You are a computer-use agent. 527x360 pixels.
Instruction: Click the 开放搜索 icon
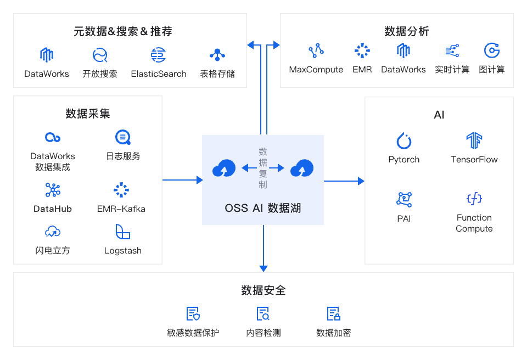(100, 55)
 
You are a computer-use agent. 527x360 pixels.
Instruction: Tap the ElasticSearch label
(159, 74)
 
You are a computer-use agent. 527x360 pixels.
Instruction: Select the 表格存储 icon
(217, 55)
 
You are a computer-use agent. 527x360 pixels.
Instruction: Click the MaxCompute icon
(316, 51)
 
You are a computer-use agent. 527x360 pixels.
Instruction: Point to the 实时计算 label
(452, 70)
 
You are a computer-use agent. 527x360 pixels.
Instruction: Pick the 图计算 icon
(492, 51)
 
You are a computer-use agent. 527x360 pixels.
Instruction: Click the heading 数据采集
(88, 114)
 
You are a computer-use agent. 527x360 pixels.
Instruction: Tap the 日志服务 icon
(123, 137)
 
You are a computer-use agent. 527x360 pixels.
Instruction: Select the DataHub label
(53, 209)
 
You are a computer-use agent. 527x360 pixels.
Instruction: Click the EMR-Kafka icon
(121, 190)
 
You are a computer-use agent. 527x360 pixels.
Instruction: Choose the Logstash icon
(123, 232)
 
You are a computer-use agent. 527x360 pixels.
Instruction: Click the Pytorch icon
(404, 140)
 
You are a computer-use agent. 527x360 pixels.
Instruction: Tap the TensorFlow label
(474, 160)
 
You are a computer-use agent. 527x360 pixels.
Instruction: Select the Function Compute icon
(474, 199)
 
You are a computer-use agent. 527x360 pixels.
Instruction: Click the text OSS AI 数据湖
(263, 209)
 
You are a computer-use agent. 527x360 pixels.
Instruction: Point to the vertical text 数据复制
(263, 168)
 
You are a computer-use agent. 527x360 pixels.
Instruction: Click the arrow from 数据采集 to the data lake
(182, 180)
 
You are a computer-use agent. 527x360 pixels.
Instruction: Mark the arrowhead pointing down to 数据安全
(263, 268)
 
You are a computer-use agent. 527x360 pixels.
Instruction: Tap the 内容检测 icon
(263, 314)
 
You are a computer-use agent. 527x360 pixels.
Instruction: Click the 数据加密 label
(334, 333)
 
